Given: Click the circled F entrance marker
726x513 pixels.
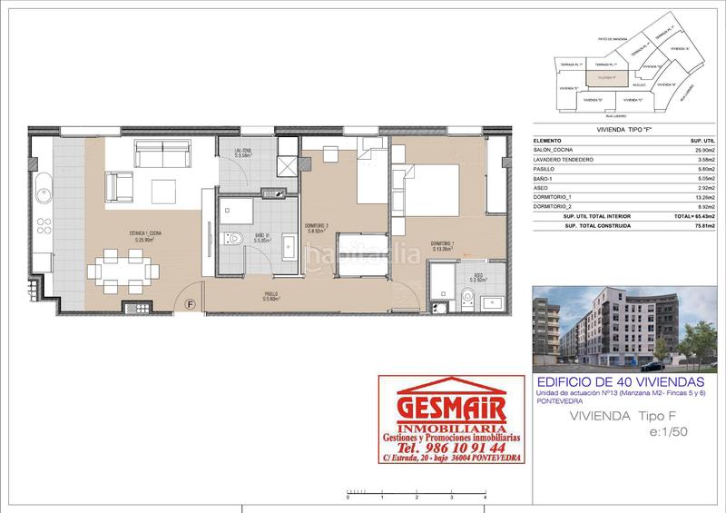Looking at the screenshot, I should click(191, 304).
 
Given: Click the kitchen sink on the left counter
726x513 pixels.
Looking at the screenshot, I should click(42, 192).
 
